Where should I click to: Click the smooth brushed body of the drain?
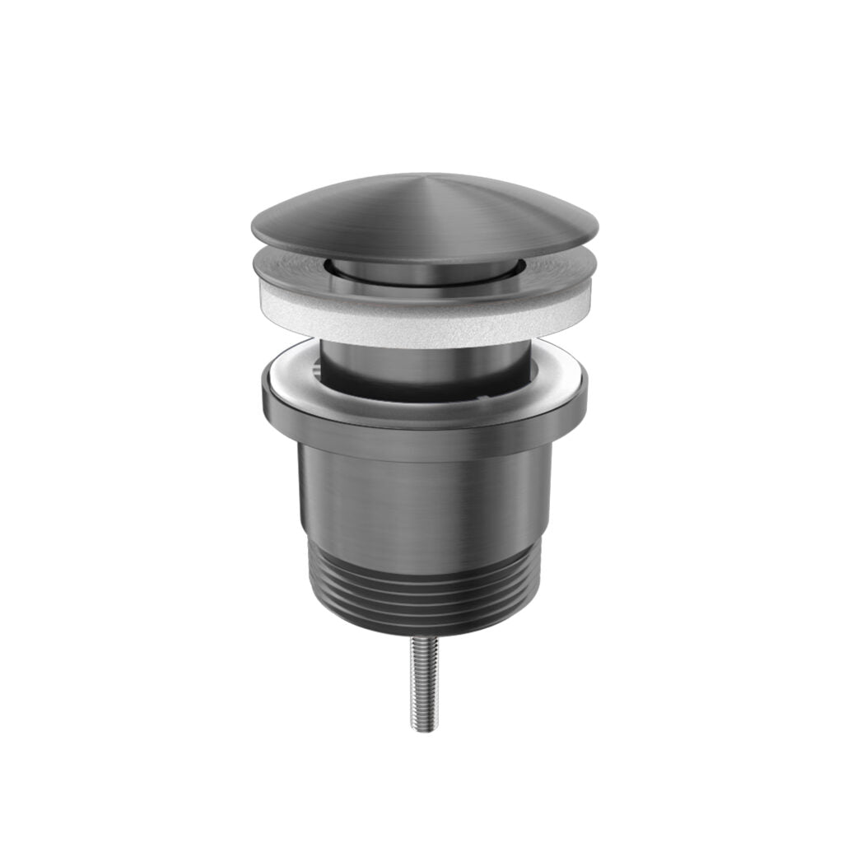click(x=424, y=502)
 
